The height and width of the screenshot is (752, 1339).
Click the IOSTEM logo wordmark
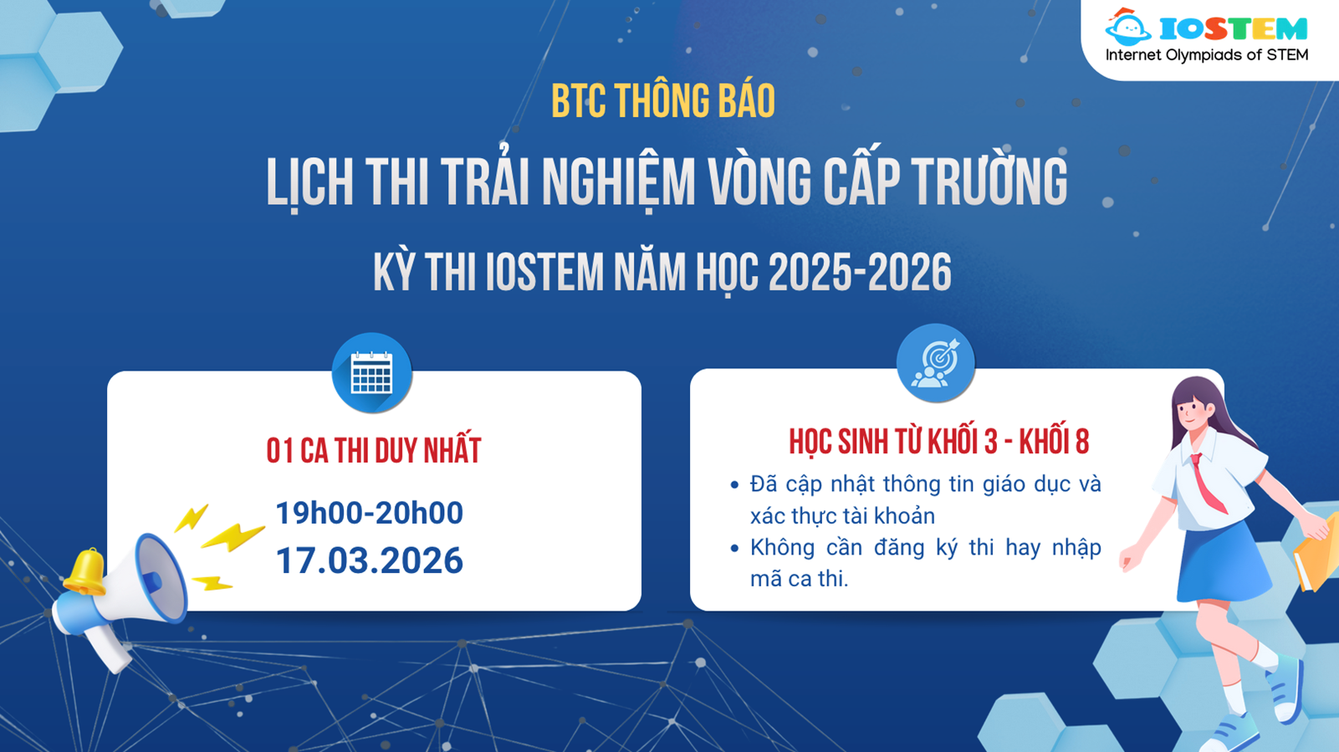tap(1233, 29)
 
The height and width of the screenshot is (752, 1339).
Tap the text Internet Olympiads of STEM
tap(1207, 55)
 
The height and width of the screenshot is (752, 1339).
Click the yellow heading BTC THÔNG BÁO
tap(663, 101)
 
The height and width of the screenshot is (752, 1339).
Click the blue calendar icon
tap(371, 373)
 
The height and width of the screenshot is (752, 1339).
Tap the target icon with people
tap(935, 364)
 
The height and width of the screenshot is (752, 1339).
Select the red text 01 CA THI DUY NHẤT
tap(374, 451)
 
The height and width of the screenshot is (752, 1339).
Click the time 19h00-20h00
tap(369, 513)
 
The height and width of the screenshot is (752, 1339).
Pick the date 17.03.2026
tap(369, 560)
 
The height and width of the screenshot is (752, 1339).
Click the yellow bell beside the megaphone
tap(84, 571)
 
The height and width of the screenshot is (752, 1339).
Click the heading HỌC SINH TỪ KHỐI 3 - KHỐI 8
tap(938, 442)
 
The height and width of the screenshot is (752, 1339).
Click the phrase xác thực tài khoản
tap(842, 516)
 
